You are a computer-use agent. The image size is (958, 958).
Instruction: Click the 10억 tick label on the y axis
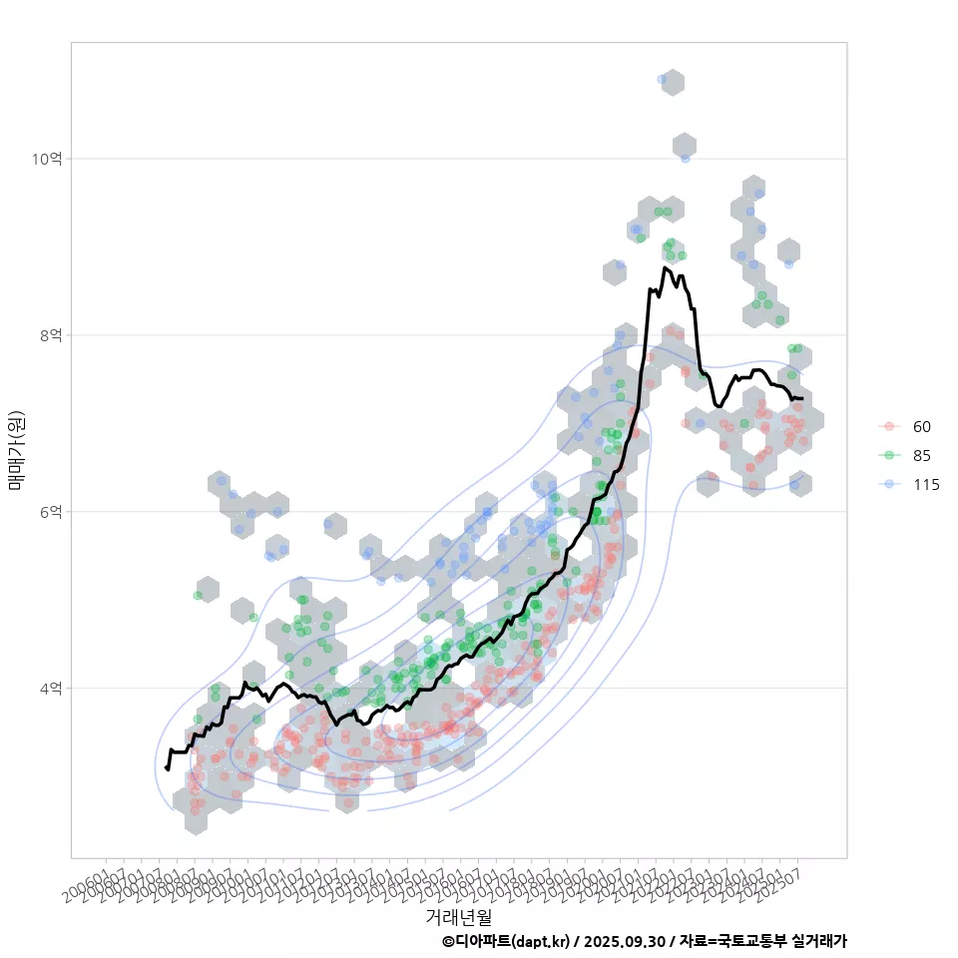pos(47,159)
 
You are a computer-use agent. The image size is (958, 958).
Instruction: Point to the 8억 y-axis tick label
pos(50,335)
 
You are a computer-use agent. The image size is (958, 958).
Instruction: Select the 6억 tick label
pos(50,512)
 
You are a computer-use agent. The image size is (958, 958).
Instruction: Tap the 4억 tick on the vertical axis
pos(50,689)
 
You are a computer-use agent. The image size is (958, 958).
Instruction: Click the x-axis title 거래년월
pos(459,916)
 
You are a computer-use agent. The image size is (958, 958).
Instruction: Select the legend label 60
pos(922,427)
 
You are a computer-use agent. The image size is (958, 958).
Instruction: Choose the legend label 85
pos(922,456)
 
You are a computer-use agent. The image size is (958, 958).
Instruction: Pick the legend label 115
pos(926,485)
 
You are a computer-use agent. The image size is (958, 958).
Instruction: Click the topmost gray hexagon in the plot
pos(673,82)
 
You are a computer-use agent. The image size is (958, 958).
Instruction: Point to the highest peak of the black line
pos(665,267)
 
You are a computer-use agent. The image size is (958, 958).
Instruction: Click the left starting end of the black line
pos(167,767)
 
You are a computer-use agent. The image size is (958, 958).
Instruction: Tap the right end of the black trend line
pos(802,399)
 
